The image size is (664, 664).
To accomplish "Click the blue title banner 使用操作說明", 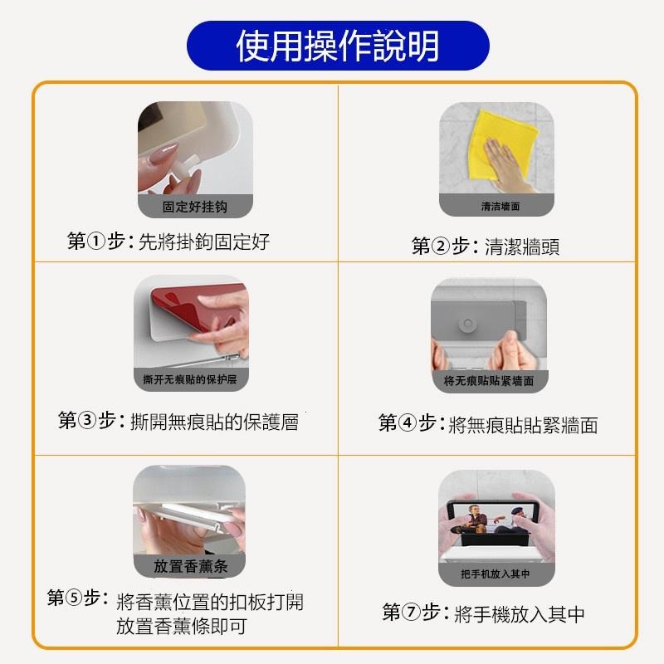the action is [x=338, y=46].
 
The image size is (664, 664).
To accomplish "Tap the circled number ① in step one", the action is [x=95, y=242].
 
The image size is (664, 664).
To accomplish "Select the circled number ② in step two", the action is [x=441, y=246].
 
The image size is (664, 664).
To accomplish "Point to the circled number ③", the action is [x=87, y=421].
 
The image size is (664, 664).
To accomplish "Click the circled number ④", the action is [x=408, y=423].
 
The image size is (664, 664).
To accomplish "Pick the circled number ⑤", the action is [x=74, y=598].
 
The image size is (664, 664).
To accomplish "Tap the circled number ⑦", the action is [x=411, y=612].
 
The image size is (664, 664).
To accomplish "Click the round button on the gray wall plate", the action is [x=467, y=325].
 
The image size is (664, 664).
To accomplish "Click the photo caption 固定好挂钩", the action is [x=195, y=207].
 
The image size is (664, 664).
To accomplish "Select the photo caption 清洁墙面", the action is [x=500, y=206].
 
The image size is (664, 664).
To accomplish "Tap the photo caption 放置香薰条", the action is [x=191, y=566].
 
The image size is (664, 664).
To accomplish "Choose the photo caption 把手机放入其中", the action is [x=496, y=574].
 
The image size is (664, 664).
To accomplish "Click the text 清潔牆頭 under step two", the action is [x=522, y=247].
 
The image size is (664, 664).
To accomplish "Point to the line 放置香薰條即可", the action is [x=182, y=626].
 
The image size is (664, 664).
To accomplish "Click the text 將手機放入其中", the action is [x=520, y=614].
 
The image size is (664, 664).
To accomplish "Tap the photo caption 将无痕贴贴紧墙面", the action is [x=489, y=381].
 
